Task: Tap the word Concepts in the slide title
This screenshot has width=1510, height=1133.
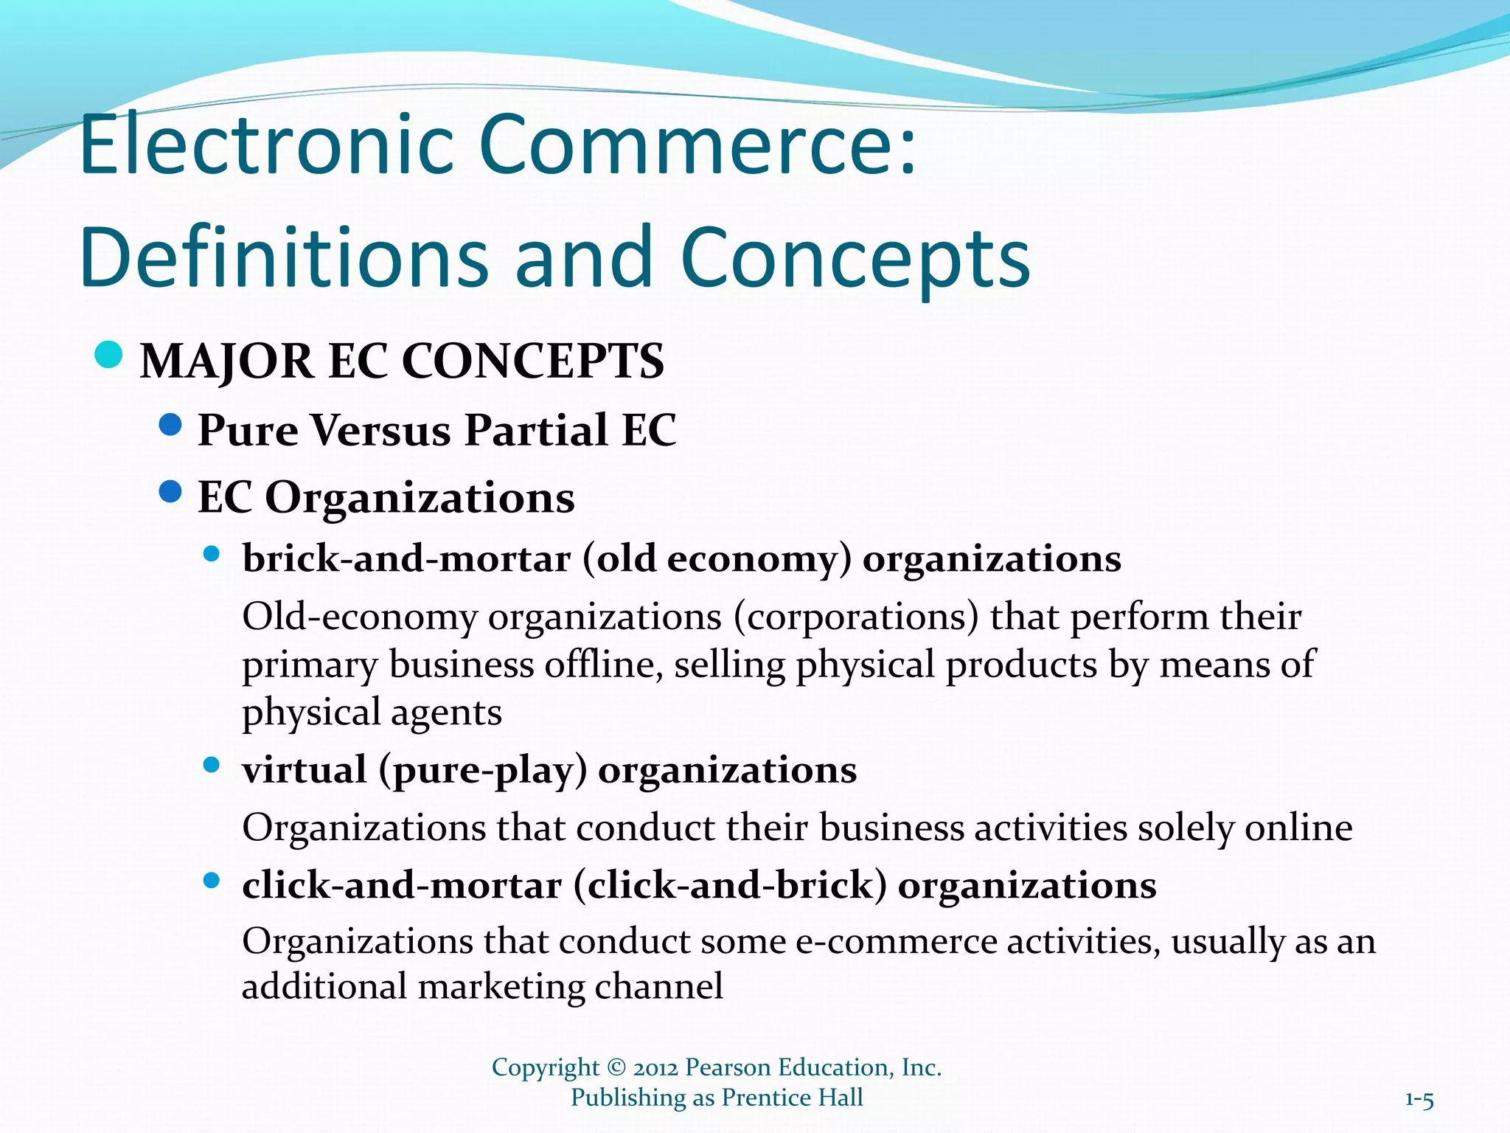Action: tap(855, 258)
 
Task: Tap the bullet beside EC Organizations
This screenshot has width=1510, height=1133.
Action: tap(170, 491)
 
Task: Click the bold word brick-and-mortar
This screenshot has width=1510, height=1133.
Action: tap(406, 558)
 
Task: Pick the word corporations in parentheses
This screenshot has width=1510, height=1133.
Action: tap(856, 617)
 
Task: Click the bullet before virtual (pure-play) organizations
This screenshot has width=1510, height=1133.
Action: tap(212, 765)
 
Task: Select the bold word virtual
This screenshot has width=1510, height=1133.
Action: tap(305, 770)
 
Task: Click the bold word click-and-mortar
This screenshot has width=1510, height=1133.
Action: tap(402, 885)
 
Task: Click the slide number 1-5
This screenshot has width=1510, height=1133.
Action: tap(1419, 1101)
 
